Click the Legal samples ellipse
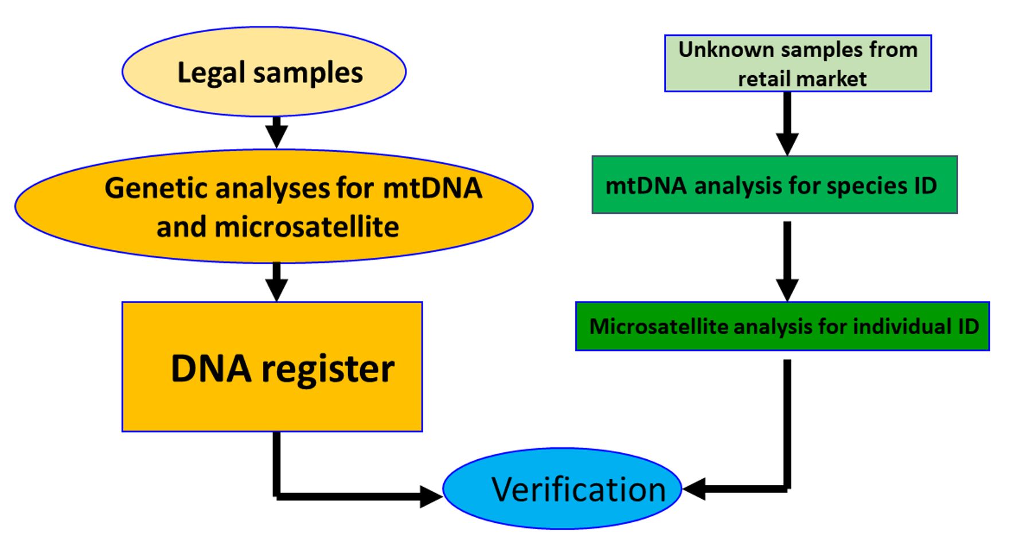pos(264,72)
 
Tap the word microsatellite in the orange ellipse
pos(306,227)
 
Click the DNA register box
pos(272,367)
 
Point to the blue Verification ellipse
pos(562,488)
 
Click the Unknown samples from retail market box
pos(797,63)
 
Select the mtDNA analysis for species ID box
pos(774,185)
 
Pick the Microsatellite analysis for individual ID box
pos(782,326)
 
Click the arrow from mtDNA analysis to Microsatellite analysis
pos(787,261)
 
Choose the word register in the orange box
pos(327,369)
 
